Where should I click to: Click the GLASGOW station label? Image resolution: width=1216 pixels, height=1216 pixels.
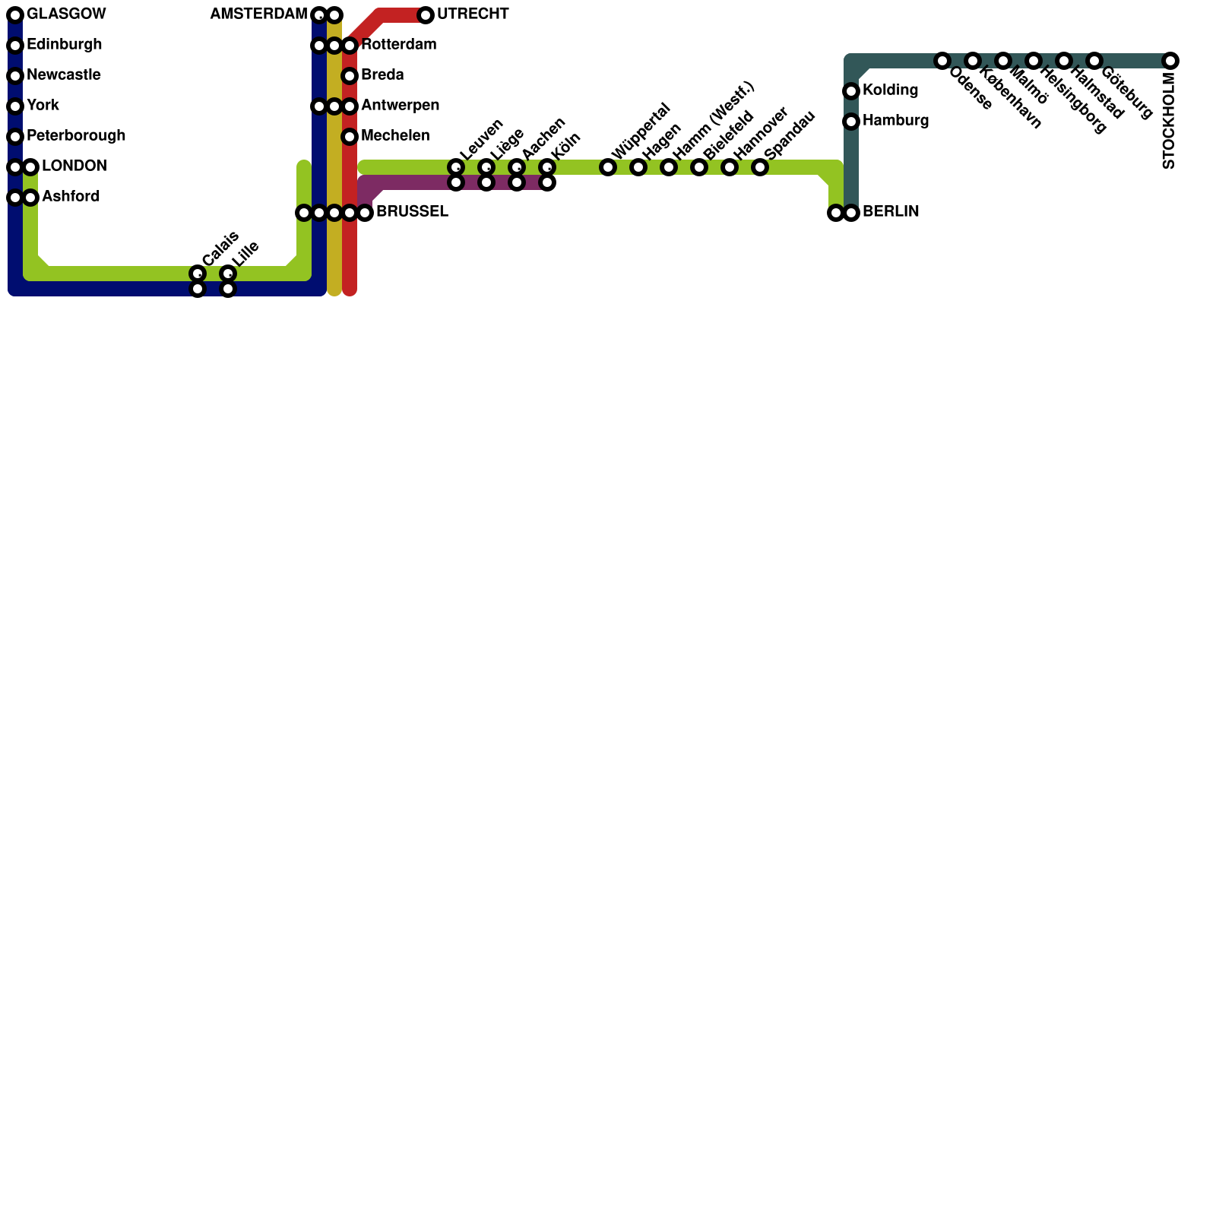(66, 14)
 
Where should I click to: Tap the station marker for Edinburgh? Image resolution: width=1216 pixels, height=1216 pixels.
(15, 46)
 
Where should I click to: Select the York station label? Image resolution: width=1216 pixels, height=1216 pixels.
(43, 106)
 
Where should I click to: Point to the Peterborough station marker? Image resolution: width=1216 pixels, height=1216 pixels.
(15, 137)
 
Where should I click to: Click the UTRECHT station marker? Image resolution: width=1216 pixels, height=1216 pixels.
(426, 15)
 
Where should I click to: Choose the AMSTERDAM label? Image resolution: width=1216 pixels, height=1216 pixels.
(258, 14)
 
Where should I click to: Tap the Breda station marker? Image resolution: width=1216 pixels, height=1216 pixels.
(350, 76)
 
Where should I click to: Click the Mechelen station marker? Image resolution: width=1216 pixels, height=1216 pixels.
(350, 137)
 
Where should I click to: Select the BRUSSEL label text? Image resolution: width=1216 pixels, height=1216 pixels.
(412, 212)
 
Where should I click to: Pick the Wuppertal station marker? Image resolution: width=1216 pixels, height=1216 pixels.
(608, 167)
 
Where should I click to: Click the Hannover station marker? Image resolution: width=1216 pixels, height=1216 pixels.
(730, 167)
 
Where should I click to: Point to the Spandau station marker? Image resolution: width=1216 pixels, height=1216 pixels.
(760, 167)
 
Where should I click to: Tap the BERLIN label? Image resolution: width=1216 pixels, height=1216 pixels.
(891, 212)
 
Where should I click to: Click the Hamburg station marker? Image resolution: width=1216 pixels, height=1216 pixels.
(851, 122)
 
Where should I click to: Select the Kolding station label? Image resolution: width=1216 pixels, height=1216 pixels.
(891, 90)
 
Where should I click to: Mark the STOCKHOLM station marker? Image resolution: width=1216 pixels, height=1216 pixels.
(1170, 61)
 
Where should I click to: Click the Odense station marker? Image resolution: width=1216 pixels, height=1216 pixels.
(942, 61)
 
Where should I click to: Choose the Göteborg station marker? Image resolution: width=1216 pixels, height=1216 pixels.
(1094, 61)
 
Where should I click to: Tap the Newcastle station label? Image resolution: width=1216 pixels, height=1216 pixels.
(64, 75)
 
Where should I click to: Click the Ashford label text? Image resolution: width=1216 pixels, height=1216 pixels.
(71, 197)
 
